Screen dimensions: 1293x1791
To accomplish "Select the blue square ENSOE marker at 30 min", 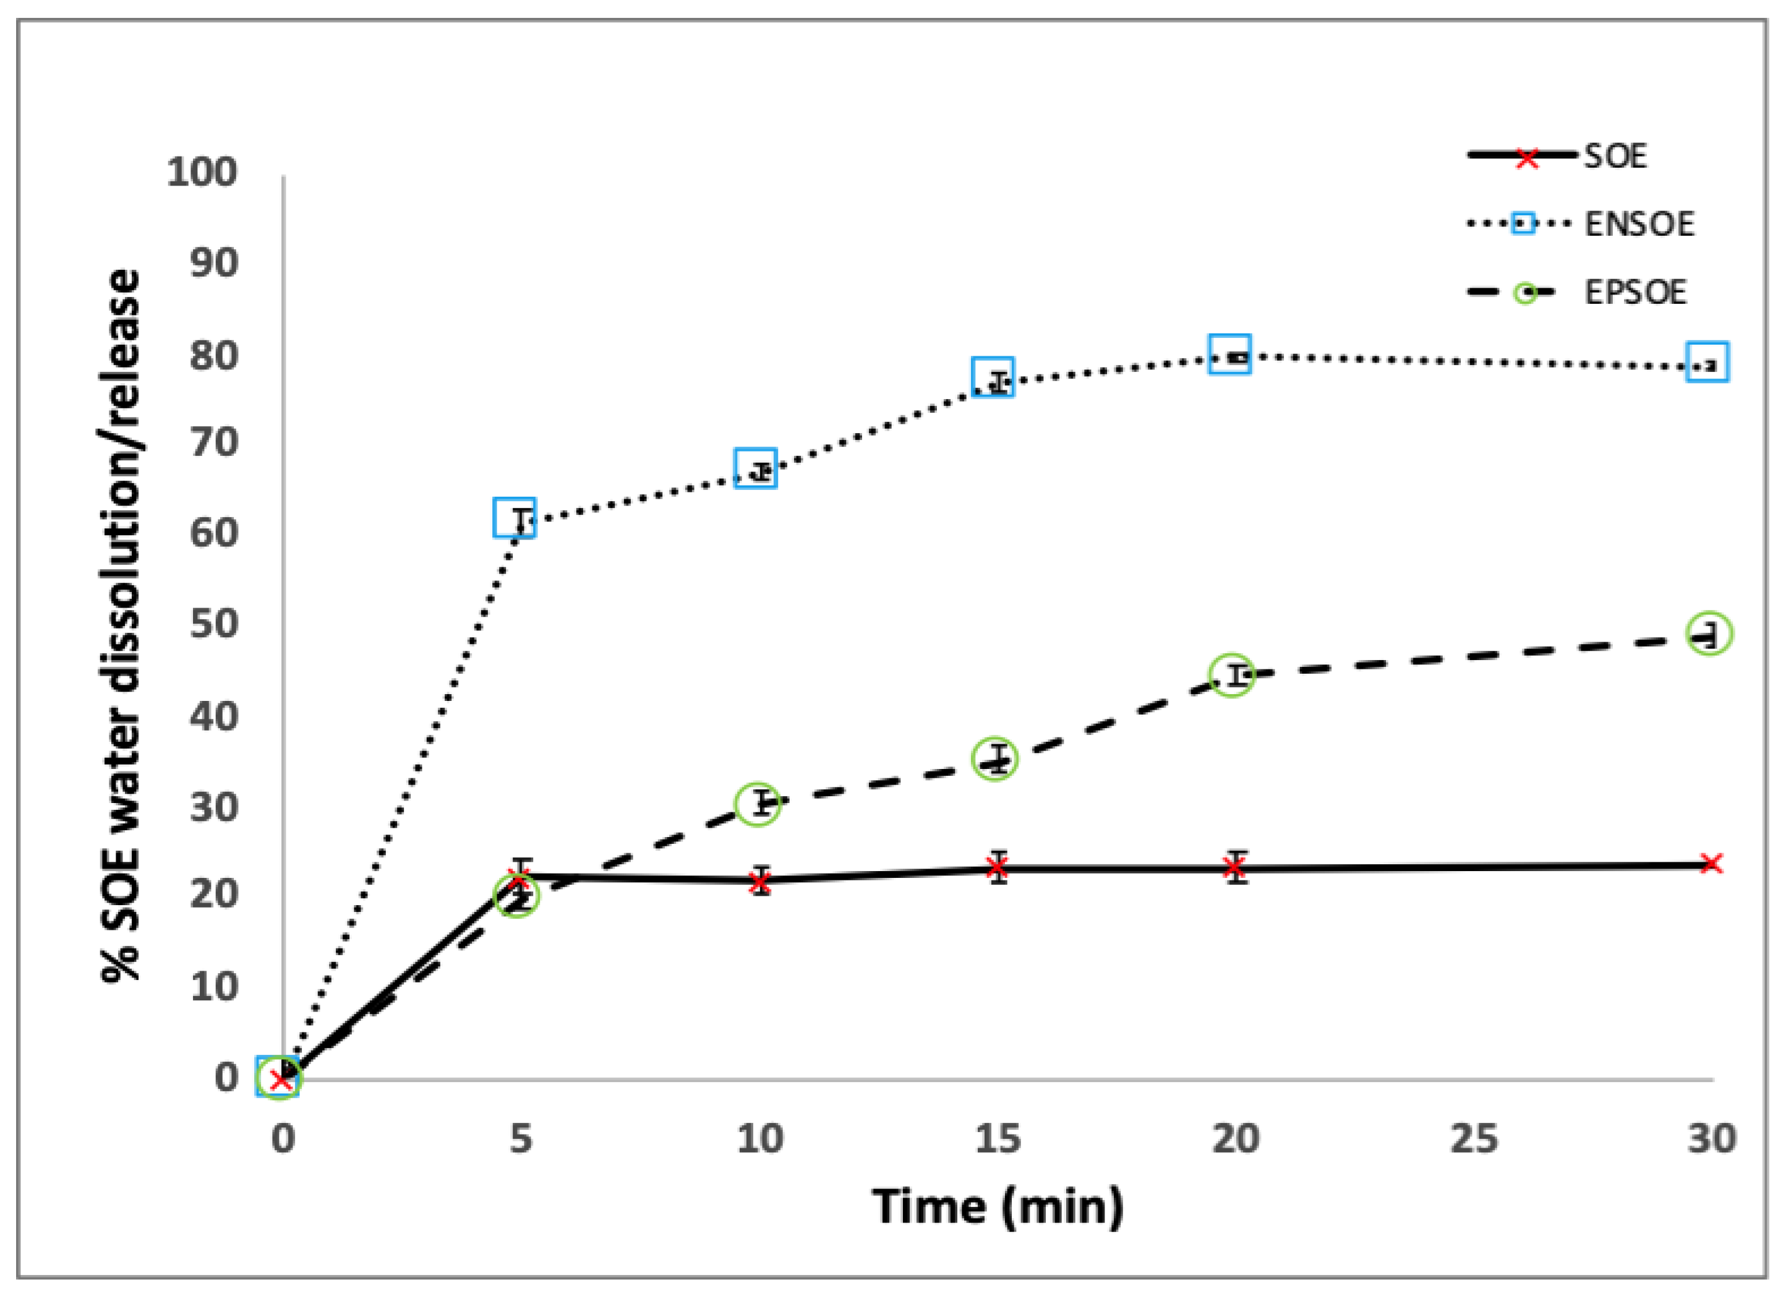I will pyautogui.click(x=1708, y=362).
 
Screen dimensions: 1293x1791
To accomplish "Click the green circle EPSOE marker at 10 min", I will pyautogui.click(x=758, y=804).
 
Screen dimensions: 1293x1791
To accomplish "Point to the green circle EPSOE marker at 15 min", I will pyautogui.click(x=995, y=759).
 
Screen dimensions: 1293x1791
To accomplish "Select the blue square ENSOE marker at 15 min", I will pyautogui.click(x=993, y=377).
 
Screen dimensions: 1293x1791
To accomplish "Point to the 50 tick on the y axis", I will pyautogui.click(x=213, y=624).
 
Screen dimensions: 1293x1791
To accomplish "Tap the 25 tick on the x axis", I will pyautogui.click(x=1474, y=1138).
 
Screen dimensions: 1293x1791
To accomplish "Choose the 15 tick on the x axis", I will pyautogui.click(x=998, y=1138).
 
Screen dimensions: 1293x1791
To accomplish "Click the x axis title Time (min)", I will pyautogui.click(x=998, y=1208).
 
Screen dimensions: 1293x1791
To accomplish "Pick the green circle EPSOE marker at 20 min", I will pyautogui.click(x=1232, y=676).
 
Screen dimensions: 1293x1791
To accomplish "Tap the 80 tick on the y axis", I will pyautogui.click(x=213, y=356).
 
